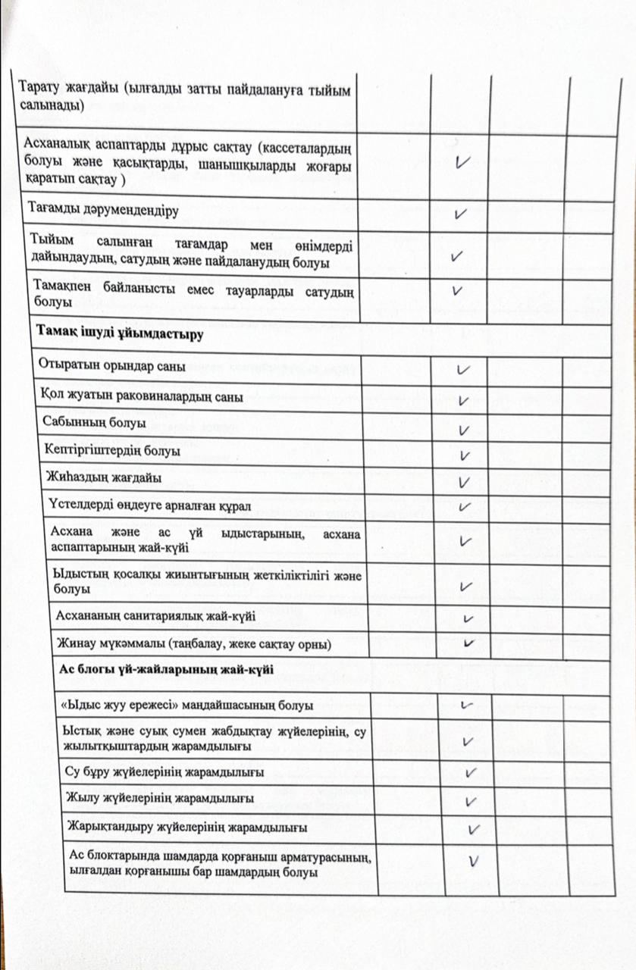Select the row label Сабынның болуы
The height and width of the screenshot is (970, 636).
[95, 424]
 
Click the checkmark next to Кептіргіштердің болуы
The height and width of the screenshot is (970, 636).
[465, 455]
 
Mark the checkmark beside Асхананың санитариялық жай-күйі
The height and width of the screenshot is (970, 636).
[468, 618]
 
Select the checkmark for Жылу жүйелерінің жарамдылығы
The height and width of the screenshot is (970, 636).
[471, 800]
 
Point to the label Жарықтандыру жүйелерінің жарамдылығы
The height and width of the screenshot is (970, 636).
[186, 825]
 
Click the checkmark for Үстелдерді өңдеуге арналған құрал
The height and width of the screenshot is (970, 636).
[465, 506]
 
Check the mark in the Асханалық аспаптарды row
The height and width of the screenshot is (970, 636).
[460, 161]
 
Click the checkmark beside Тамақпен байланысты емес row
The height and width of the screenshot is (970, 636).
[457, 290]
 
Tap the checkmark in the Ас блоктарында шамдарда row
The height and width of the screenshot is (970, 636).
[475, 860]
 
